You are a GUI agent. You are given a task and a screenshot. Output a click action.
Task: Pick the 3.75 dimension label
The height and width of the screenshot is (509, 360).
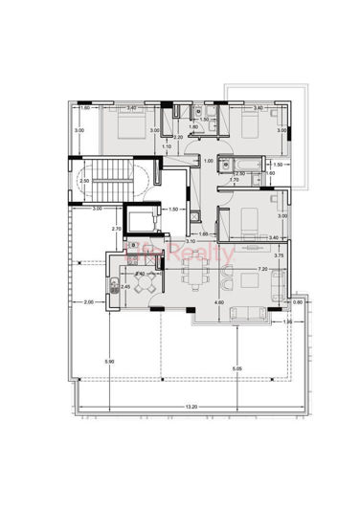279,255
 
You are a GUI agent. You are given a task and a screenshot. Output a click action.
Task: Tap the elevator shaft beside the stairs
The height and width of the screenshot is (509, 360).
145,223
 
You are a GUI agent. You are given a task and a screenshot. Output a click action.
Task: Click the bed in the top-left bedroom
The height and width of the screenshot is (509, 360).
127,126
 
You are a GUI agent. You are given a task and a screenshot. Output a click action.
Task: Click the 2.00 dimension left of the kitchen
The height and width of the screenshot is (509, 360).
88,302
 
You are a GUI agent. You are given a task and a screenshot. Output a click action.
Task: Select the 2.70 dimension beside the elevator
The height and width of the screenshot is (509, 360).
116,230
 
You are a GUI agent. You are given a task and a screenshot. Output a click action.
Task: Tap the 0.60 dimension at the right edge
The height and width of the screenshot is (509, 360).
298,303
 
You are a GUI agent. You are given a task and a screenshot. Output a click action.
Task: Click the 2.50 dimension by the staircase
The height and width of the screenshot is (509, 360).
84,181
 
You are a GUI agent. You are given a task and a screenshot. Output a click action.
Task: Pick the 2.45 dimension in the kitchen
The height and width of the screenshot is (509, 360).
125,286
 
